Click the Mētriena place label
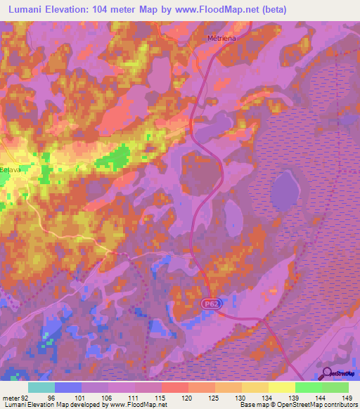[220, 38]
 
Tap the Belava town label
[10, 169]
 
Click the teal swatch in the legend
[41, 387]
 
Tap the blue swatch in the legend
[68, 387]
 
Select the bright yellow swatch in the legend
[281, 387]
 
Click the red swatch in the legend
[174, 387]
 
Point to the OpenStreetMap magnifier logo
[326, 373]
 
